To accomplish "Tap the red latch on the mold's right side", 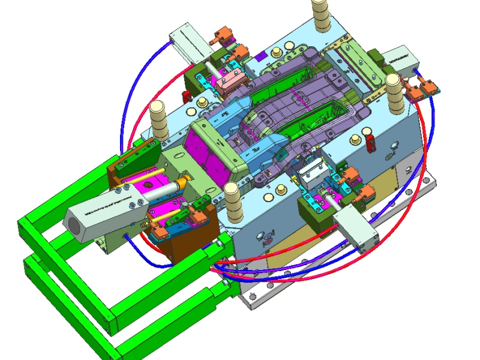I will point(371,143).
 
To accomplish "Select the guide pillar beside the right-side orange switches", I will point(394,95).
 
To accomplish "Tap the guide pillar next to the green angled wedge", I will point(158,120).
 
